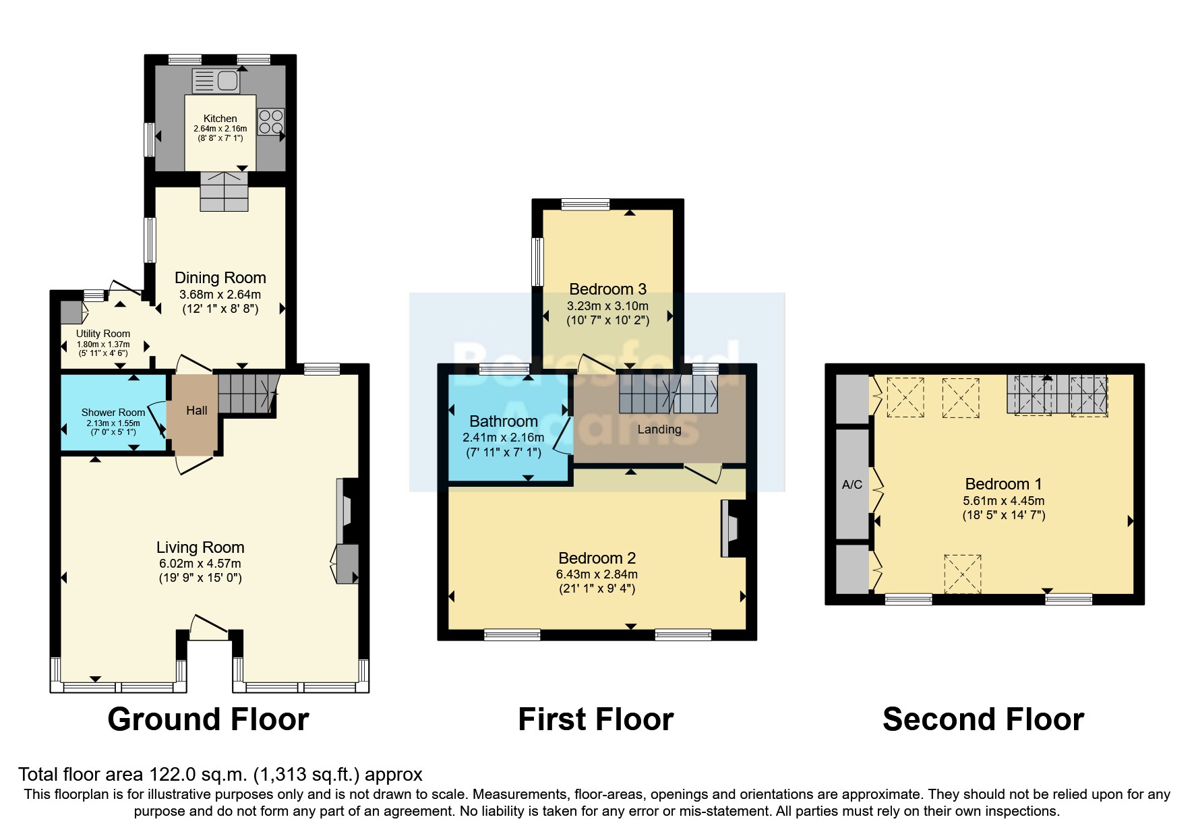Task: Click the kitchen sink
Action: pos(216,82)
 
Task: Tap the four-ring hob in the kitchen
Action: pos(271,121)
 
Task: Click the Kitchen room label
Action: pos(220,119)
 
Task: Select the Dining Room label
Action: pos(220,278)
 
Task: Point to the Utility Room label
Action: pos(103,334)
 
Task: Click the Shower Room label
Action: pos(113,413)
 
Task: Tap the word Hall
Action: pos(197,410)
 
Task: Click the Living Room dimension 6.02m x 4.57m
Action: pos(199,564)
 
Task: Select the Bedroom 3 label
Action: pos(608,289)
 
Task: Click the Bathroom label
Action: pos(504,421)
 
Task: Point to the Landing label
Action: pos(659,429)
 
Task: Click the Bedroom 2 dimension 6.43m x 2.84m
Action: pos(597,574)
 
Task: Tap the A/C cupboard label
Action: pos(852,485)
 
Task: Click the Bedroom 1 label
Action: pos(1004,483)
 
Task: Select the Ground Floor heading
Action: pos(208,719)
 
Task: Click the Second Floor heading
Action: pos(984,719)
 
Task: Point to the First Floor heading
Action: pos(596,719)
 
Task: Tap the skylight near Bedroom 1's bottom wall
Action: pos(963,574)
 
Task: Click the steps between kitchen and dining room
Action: pos(225,191)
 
